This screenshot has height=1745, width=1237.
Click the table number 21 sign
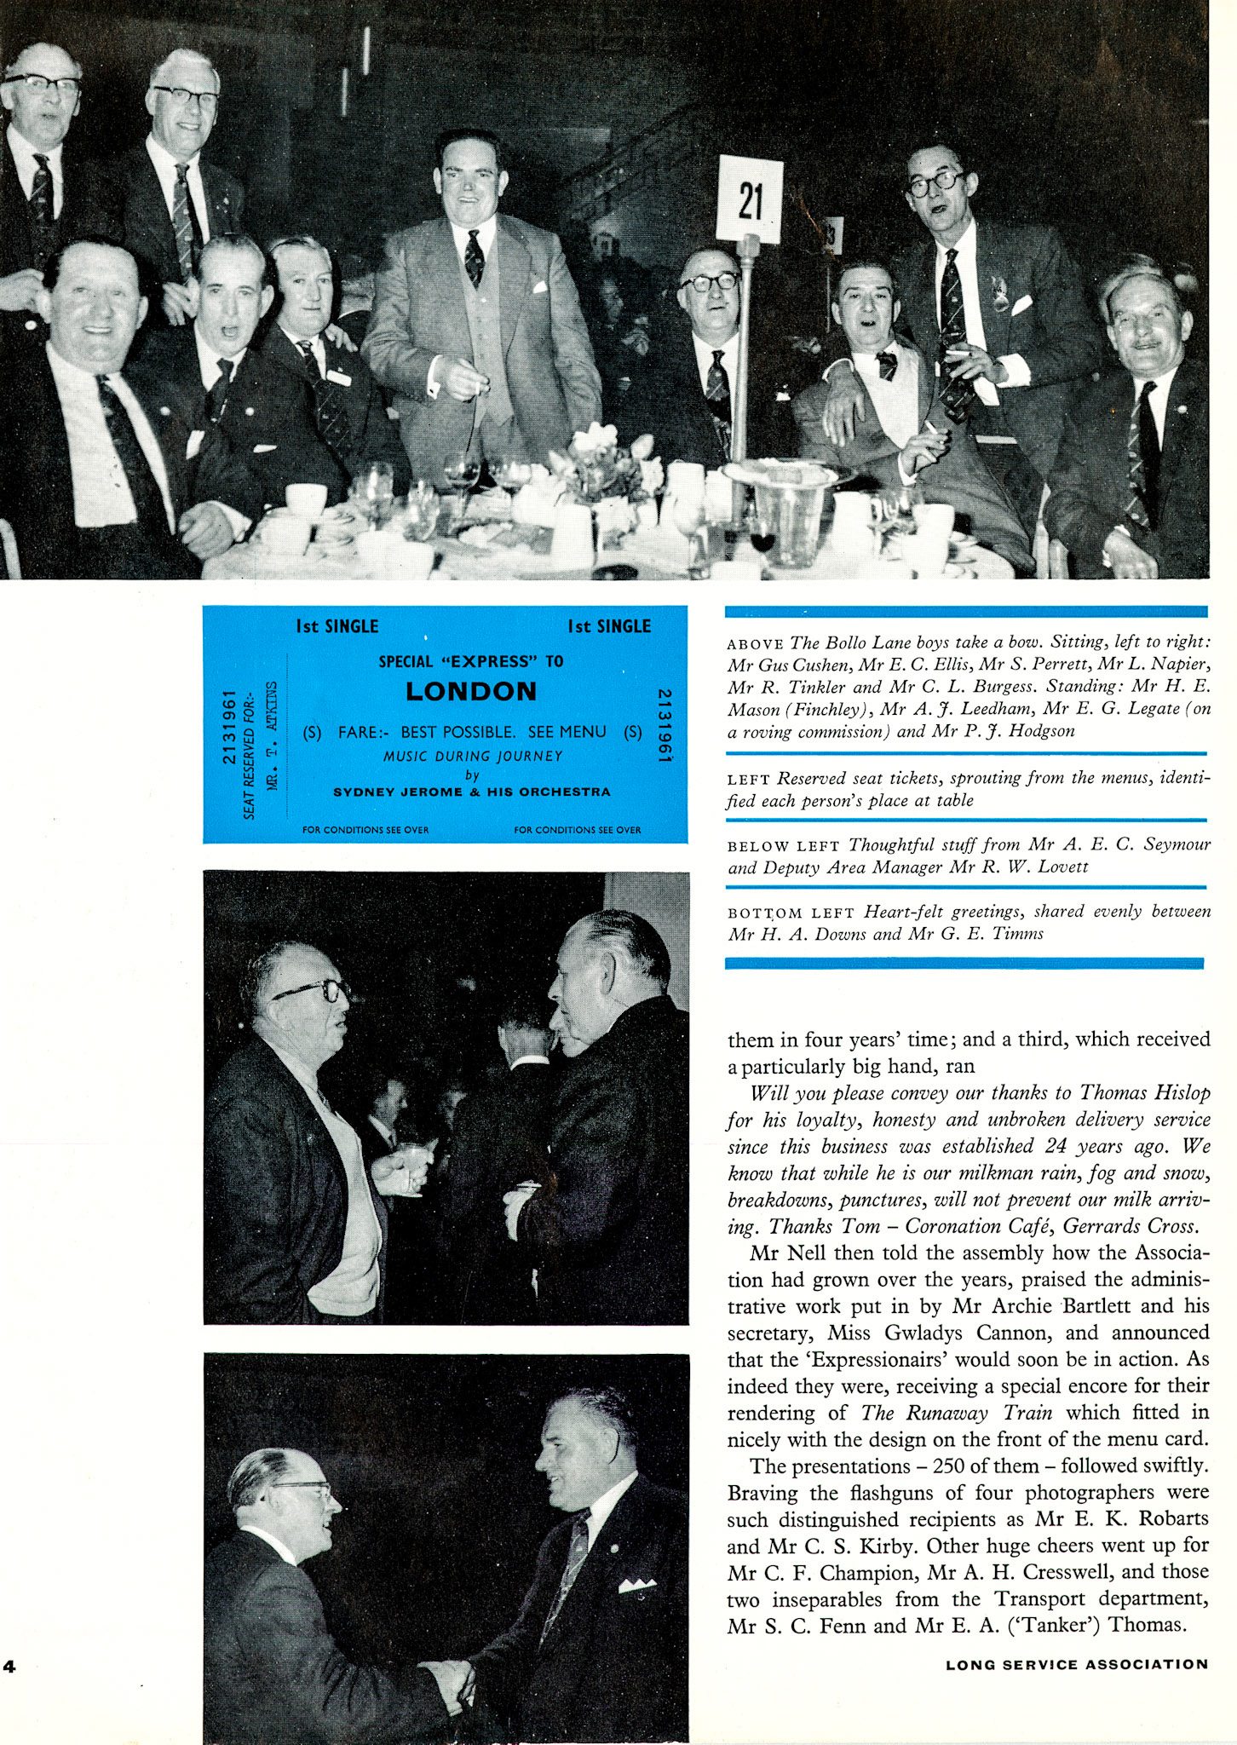point(750,200)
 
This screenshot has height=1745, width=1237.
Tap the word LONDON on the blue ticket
point(471,691)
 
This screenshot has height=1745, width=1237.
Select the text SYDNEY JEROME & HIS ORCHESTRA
point(471,792)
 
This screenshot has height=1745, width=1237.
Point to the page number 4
point(9,1667)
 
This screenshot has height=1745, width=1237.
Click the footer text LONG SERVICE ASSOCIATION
point(1076,1664)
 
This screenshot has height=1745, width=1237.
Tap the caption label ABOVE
point(755,644)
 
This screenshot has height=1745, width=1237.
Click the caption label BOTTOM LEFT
point(791,913)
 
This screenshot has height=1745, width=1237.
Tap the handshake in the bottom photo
point(446,1678)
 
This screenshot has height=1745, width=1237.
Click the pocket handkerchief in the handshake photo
point(636,1586)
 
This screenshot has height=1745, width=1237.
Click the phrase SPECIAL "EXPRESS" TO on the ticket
point(471,661)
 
